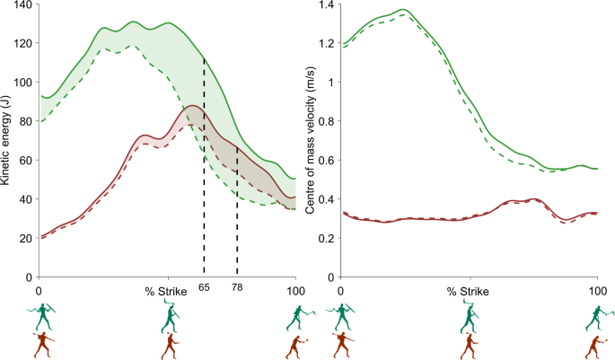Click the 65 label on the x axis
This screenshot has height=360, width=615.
tap(204, 287)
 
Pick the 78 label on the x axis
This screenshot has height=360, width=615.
tap(237, 287)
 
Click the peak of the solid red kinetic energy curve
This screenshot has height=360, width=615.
tap(190, 106)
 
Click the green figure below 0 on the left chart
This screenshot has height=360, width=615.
tap(43, 315)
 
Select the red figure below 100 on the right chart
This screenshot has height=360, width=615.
tap(594, 345)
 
